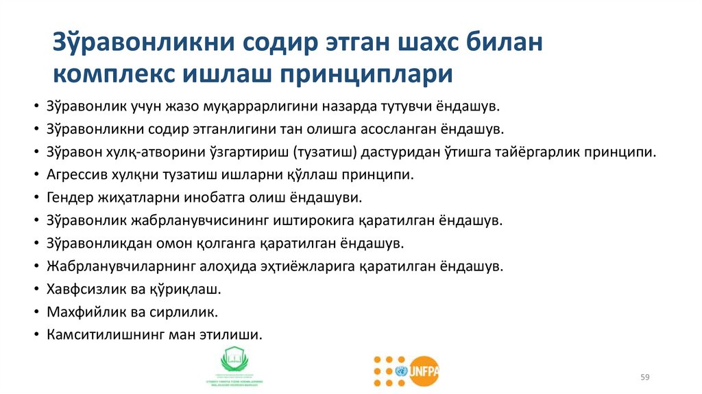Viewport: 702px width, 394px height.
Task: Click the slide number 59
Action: click(x=644, y=376)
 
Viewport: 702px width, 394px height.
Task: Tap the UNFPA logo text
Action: click(x=424, y=371)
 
